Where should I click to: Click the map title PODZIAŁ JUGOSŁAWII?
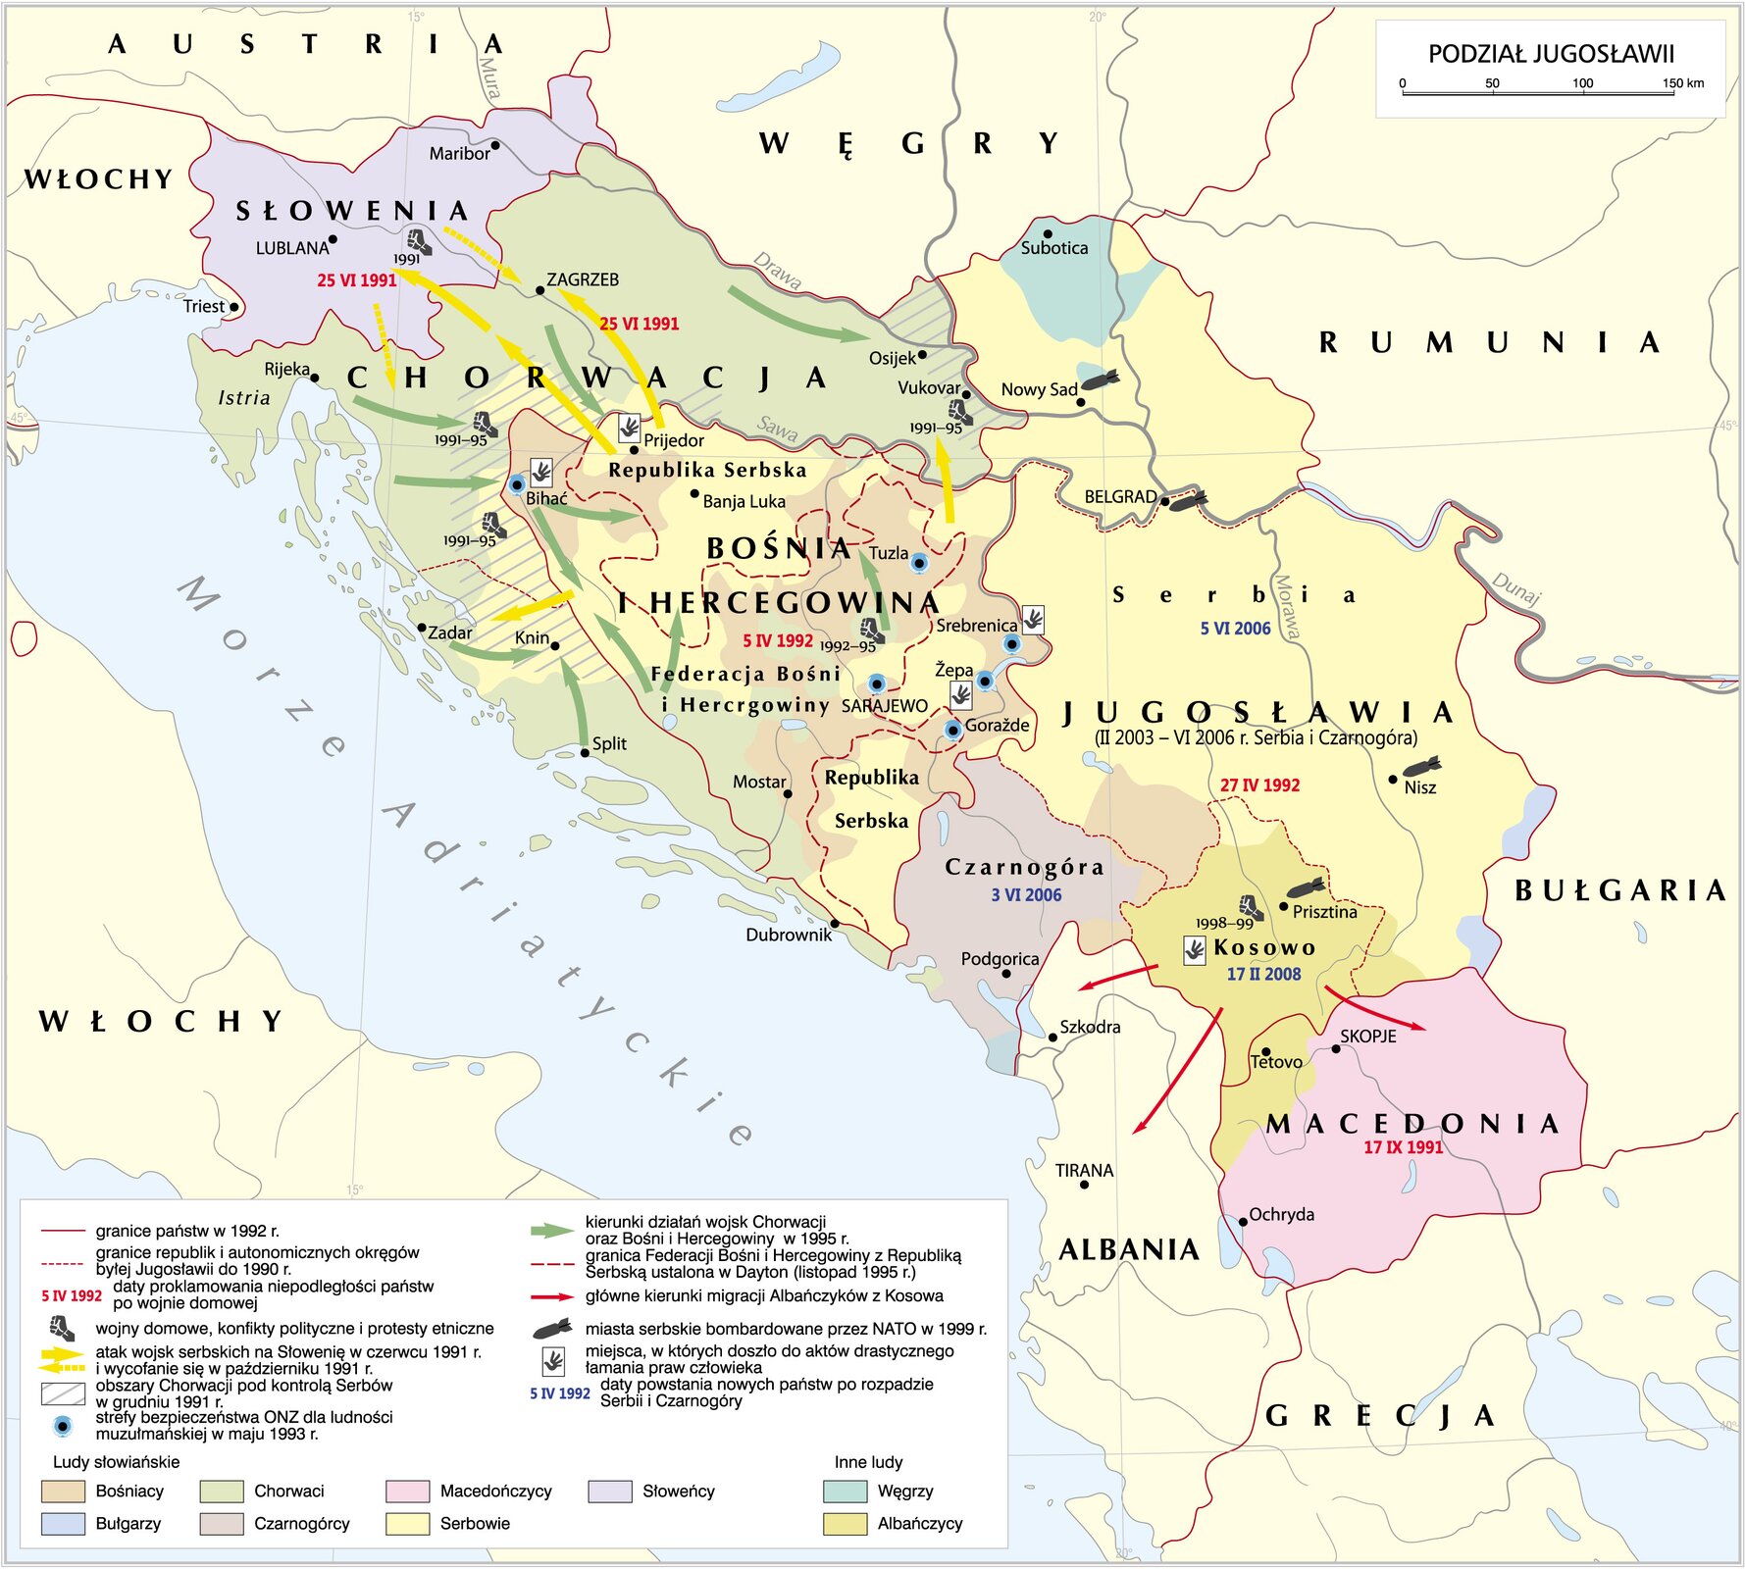[1550, 54]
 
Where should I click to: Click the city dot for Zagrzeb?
[539, 291]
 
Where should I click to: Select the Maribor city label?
[459, 154]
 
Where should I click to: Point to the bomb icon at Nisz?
[1422, 766]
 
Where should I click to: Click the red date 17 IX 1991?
[1403, 1147]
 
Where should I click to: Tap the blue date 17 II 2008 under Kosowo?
[1263, 974]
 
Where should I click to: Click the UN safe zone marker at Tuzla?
[919, 562]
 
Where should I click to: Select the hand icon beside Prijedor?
[629, 428]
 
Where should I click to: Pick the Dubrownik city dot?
[835, 924]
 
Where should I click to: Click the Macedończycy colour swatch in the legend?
[408, 1492]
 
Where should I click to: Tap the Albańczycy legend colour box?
[846, 1524]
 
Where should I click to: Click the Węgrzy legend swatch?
[846, 1492]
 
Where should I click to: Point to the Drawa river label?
[777, 272]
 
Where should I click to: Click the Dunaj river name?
[1516, 588]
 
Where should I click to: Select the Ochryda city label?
[1281, 1215]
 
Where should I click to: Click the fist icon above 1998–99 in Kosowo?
[1250, 906]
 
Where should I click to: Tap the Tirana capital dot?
[1084, 1185]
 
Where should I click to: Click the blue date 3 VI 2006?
[1026, 894]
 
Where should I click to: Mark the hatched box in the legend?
[63, 1393]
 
